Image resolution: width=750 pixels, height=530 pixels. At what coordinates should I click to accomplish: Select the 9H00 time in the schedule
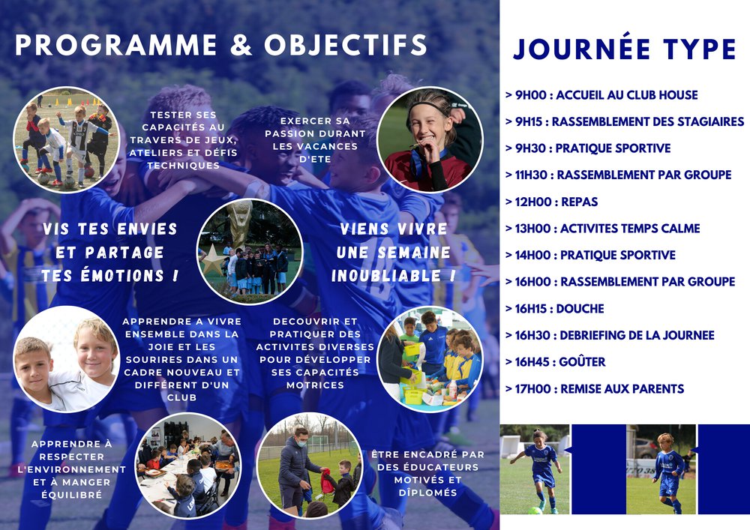pyautogui.click(x=530, y=95)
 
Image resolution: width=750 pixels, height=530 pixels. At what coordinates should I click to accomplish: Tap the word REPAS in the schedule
pyautogui.click(x=580, y=202)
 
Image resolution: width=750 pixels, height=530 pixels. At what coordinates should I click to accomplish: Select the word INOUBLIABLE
pyautogui.click(x=386, y=276)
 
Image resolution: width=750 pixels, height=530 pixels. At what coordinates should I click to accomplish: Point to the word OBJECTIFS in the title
pyautogui.click(x=345, y=46)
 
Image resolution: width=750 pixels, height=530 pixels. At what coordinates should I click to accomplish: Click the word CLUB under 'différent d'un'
pyautogui.click(x=181, y=397)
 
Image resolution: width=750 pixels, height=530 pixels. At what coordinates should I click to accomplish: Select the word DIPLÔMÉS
pyautogui.click(x=428, y=493)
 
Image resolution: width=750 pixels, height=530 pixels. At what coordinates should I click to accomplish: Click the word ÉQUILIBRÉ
pyautogui.click(x=72, y=495)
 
